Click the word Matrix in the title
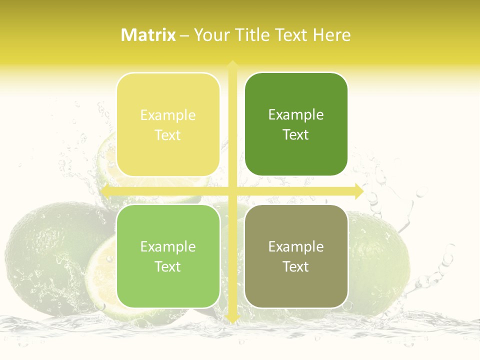click(148, 35)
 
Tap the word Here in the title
click(332, 35)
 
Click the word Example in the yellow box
click(168, 115)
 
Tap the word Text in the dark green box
click(296, 134)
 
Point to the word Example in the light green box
click(168, 247)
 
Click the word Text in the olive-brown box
click(296, 266)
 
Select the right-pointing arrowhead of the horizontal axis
click(358, 191)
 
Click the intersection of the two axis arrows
click(232, 191)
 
